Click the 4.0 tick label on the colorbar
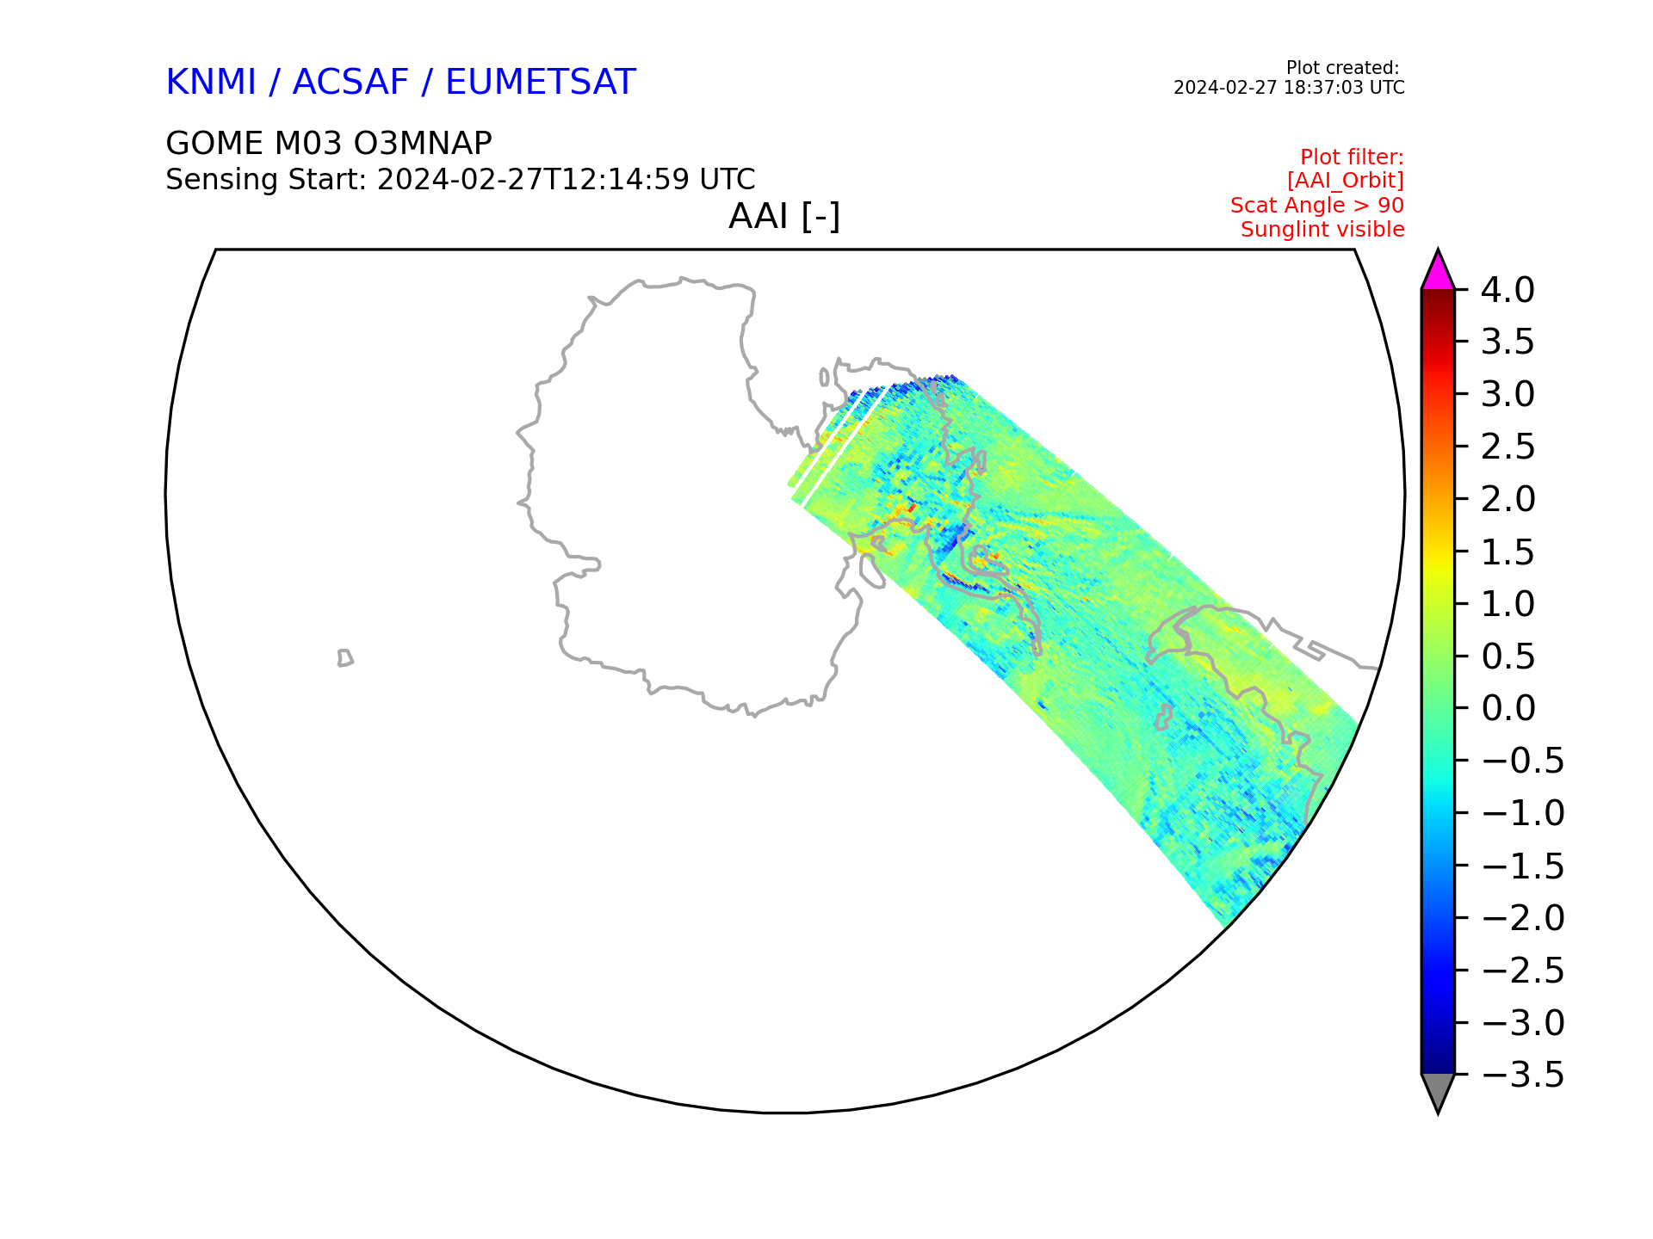click(x=1508, y=291)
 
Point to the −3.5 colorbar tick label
click(x=1523, y=1076)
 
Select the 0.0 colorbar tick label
click(x=1508, y=709)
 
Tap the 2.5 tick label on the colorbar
click(x=1508, y=447)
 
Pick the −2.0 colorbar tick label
click(x=1523, y=918)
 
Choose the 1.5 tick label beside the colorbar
click(x=1508, y=552)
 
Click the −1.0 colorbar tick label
click(x=1523, y=813)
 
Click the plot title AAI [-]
click(x=784, y=216)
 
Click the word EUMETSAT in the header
click(x=541, y=83)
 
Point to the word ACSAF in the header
click(x=350, y=83)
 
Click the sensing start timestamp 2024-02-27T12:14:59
click(x=534, y=180)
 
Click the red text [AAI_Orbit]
click(x=1346, y=181)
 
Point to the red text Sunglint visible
click(x=1322, y=230)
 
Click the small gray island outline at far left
click(x=344, y=658)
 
